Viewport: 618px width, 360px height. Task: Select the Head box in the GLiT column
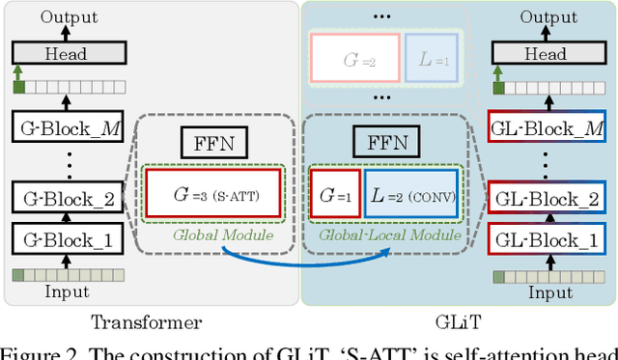(546, 55)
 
